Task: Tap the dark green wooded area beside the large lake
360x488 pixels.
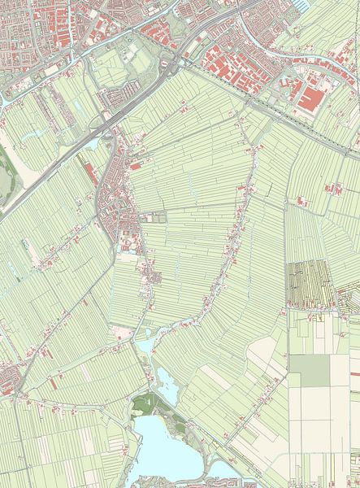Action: tap(145, 403)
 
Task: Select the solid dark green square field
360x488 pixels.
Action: tap(310, 371)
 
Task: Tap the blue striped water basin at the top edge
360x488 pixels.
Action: tap(301, 4)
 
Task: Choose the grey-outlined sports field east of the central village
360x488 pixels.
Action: tap(154, 218)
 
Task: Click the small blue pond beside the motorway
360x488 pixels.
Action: tap(93, 144)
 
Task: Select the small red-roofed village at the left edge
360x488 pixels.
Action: tap(8, 379)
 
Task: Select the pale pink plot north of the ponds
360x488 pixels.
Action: tap(122, 332)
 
